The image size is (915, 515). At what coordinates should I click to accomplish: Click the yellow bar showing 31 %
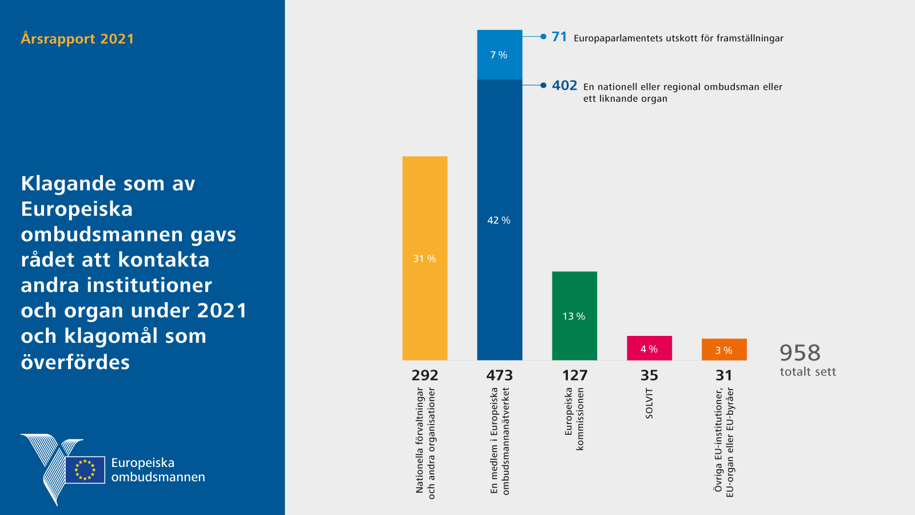click(425, 258)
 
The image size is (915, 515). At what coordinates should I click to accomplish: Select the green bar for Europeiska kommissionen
click(574, 315)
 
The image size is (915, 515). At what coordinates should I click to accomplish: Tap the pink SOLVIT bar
click(649, 348)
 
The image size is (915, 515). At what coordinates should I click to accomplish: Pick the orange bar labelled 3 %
click(724, 350)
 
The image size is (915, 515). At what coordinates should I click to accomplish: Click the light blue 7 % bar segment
click(499, 54)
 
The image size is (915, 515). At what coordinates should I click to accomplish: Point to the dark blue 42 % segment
click(499, 220)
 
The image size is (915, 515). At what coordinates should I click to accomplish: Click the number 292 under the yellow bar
click(425, 375)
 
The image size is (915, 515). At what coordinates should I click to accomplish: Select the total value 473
click(499, 375)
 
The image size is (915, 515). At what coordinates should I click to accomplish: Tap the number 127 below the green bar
click(575, 375)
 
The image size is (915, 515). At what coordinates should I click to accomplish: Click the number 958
click(799, 352)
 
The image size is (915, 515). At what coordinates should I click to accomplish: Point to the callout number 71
click(559, 37)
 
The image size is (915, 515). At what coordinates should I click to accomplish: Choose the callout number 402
click(564, 85)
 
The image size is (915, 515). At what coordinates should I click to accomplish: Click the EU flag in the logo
click(85, 470)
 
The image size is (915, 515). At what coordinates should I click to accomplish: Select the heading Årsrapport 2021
click(77, 39)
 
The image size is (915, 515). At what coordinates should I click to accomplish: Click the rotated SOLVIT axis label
click(649, 403)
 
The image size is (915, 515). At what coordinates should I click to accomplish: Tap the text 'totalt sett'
click(807, 372)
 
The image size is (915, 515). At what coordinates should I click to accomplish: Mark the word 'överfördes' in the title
click(75, 362)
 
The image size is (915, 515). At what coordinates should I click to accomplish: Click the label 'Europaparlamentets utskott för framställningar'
click(678, 38)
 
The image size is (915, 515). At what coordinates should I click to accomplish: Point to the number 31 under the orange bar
click(724, 375)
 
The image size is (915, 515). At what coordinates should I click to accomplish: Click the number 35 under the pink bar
click(649, 375)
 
